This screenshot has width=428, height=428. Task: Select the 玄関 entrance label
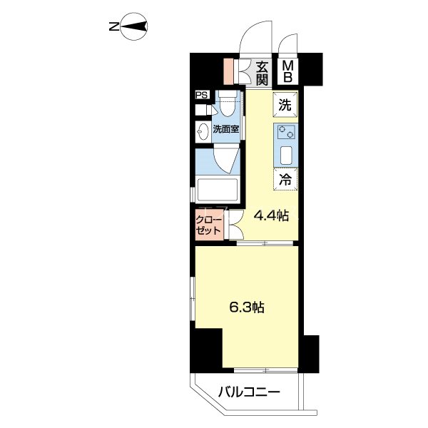262,73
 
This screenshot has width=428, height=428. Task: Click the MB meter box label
287,71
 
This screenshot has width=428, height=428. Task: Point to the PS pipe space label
203,96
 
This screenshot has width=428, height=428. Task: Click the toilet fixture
227,104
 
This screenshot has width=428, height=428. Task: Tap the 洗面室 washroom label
226,129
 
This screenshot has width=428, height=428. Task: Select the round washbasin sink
203,131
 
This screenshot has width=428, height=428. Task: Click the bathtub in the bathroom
218,190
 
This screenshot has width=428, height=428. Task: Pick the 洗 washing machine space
285,105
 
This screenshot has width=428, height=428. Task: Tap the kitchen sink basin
286,156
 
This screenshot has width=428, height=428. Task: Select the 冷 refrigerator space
285,179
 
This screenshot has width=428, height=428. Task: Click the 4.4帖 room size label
271,216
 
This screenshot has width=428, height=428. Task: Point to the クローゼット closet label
209,225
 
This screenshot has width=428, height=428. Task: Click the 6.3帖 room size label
247,307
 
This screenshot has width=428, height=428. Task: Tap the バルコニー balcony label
249,393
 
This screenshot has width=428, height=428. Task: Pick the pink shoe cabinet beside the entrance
229,71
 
